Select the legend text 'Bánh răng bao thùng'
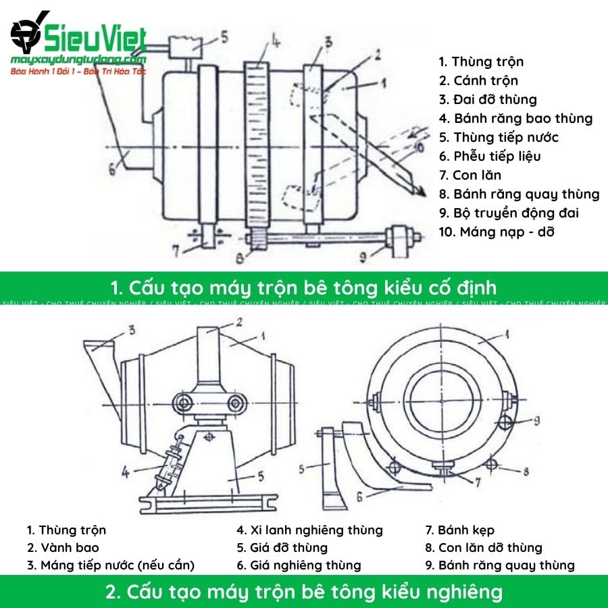(515, 119)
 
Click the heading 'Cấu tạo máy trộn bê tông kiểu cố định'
(303, 287)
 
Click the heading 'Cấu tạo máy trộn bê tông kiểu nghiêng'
(304, 592)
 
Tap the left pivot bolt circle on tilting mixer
(182, 403)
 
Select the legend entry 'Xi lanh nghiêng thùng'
(309, 530)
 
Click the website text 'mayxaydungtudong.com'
(78, 61)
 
